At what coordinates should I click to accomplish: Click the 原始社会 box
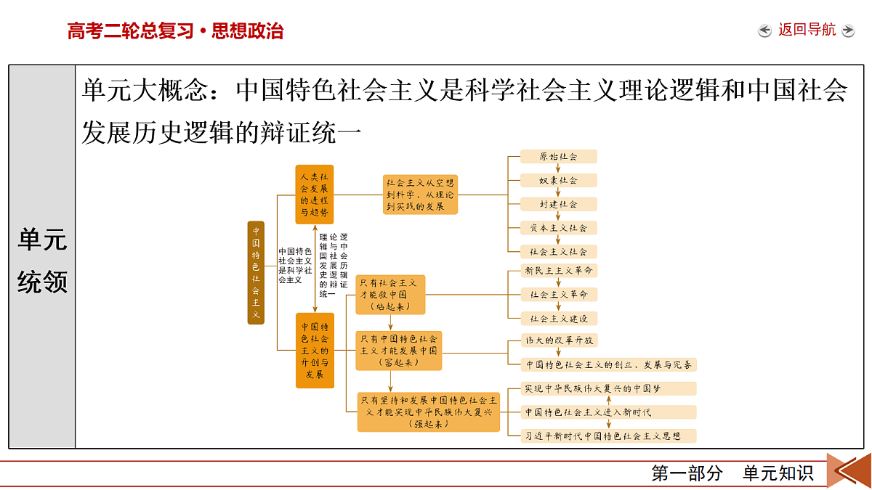click(558, 157)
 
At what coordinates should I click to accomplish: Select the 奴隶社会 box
click(558, 181)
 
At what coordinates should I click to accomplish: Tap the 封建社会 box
click(558, 204)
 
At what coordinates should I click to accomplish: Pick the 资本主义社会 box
click(558, 228)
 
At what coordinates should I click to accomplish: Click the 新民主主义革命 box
click(559, 271)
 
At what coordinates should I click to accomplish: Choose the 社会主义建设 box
click(559, 319)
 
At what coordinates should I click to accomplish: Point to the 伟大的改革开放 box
click(559, 340)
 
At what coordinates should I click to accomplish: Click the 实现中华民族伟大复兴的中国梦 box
click(608, 388)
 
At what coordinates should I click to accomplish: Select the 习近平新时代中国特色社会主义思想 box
click(608, 436)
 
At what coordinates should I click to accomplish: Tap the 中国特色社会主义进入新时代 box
click(608, 412)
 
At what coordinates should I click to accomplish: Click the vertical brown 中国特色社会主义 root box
click(256, 273)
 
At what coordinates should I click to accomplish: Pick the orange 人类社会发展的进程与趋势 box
click(314, 195)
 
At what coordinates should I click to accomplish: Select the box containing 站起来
click(390, 295)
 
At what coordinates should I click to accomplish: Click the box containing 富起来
click(399, 351)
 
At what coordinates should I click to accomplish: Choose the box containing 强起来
click(428, 412)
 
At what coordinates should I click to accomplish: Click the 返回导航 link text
click(807, 30)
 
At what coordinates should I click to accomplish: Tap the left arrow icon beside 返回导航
click(764, 30)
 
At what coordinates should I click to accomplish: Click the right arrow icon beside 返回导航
click(848, 30)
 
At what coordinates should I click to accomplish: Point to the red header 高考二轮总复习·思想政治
click(175, 30)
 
